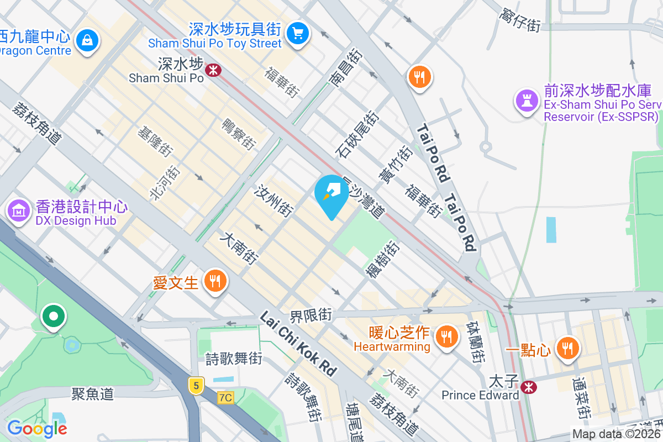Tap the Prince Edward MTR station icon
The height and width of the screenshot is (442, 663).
click(529, 387)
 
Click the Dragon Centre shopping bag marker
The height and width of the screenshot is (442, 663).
click(87, 40)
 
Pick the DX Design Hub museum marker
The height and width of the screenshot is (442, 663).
click(19, 211)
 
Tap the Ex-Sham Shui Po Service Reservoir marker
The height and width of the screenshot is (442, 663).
click(525, 101)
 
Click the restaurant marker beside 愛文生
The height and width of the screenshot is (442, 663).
click(214, 282)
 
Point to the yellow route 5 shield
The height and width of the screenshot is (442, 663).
click(196, 385)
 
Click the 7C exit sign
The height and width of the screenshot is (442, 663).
click(225, 397)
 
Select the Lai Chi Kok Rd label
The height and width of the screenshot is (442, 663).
click(298, 345)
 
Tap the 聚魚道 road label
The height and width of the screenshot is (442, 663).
click(92, 393)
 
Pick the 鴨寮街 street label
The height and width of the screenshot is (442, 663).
click(239, 134)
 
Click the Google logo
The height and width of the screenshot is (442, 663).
click(37, 428)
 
